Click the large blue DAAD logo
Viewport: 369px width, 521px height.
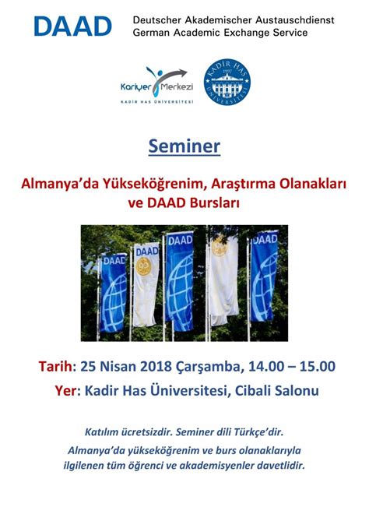click(72, 26)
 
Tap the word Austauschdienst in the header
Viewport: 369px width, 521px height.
click(294, 20)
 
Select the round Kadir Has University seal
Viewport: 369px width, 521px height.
click(227, 82)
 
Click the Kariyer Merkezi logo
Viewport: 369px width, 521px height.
click(156, 85)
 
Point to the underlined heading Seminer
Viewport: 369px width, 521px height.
click(184, 146)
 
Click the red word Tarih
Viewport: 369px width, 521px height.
click(55, 366)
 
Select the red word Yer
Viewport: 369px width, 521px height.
click(65, 390)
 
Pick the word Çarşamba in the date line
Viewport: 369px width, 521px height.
click(208, 367)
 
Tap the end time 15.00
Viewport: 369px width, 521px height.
click(318, 366)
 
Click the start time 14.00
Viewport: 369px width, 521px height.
click(266, 366)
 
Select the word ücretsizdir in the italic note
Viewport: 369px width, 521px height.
click(147, 432)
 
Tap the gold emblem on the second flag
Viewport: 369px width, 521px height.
click(144, 266)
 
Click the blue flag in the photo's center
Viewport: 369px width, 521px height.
click(180, 282)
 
